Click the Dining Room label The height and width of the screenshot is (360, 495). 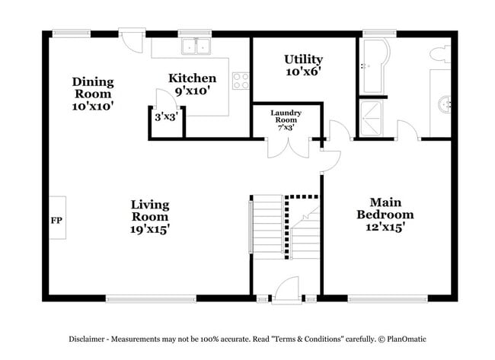[x=93, y=94]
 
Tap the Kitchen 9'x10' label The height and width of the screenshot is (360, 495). [x=192, y=84]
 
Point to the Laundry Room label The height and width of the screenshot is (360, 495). [x=286, y=120]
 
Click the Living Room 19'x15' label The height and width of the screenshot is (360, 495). [x=149, y=216]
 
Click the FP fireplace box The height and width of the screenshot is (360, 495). [x=56, y=220]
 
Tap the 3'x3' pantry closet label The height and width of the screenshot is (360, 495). [x=165, y=118]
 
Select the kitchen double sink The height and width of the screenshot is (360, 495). [x=196, y=47]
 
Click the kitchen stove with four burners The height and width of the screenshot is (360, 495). [x=241, y=80]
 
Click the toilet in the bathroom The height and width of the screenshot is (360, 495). [x=439, y=54]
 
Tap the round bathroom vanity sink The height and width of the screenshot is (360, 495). [x=446, y=103]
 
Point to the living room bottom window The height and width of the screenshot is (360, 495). [x=150, y=298]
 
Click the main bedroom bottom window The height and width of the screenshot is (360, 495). [x=387, y=298]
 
